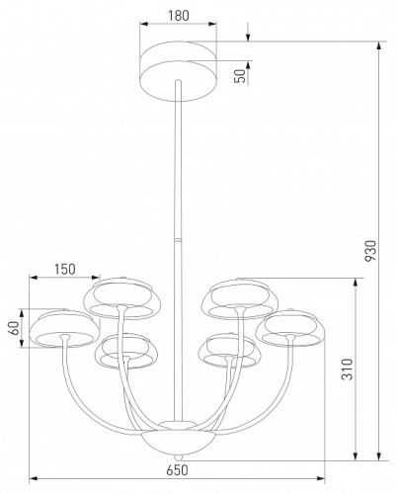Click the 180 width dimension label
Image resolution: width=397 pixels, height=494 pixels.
(178, 16)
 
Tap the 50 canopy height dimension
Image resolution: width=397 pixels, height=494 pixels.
(239, 78)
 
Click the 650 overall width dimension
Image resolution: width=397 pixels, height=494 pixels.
(179, 471)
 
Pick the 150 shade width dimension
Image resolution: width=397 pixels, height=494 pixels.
(65, 268)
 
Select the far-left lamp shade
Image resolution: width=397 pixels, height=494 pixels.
(61, 328)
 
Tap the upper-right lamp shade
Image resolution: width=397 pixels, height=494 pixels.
(237, 297)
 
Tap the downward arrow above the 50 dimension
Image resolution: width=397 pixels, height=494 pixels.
(248, 38)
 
